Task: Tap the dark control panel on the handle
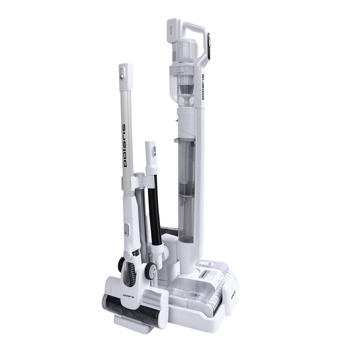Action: tap(210, 45)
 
